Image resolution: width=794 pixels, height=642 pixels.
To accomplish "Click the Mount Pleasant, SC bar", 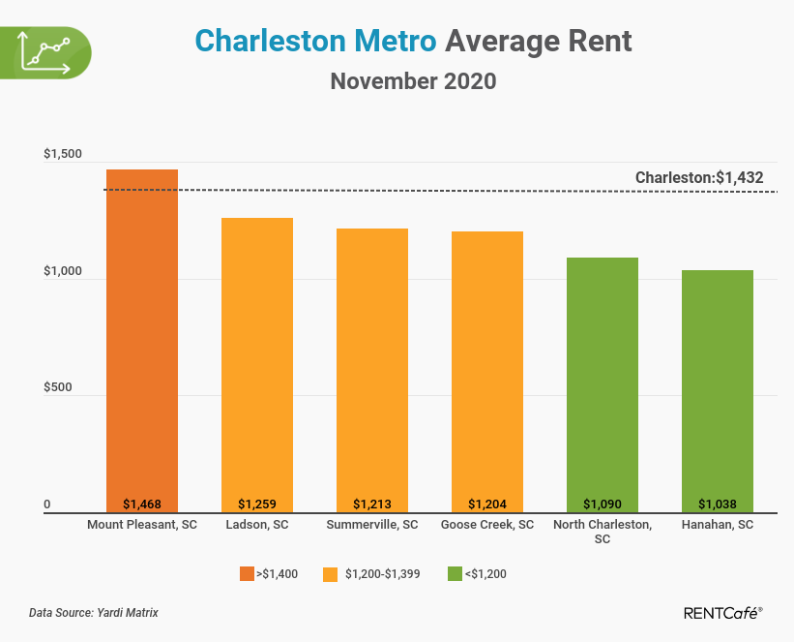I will click(141, 339).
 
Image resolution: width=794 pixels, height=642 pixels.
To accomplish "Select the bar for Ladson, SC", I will click(256, 364).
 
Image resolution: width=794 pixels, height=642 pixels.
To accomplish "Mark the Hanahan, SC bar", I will click(717, 391).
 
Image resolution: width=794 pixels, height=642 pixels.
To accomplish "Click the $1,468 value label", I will click(141, 504).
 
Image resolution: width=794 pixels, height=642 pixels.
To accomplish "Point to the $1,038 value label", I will click(717, 504).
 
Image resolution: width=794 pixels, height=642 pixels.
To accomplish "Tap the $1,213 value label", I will click(371, 504).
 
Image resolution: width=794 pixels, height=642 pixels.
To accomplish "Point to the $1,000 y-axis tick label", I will click(63, 272).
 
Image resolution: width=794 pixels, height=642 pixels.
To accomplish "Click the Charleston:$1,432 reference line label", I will click(699, 177).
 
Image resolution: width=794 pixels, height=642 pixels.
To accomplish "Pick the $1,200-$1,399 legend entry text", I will click(383, 574).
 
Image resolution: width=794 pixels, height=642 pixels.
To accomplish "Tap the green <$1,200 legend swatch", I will click(454, 574).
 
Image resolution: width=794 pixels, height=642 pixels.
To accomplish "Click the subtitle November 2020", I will click(413, 81).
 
